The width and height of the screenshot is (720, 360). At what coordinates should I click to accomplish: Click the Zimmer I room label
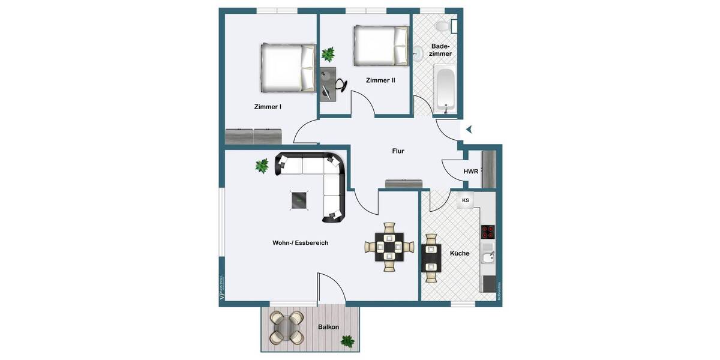268,107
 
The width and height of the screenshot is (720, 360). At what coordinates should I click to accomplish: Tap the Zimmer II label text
380,80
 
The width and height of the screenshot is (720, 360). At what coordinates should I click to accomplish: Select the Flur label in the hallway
398,151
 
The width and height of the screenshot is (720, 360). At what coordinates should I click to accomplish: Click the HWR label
471,172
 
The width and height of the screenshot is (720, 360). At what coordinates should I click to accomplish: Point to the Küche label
460,253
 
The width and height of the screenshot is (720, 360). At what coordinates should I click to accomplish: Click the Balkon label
328,327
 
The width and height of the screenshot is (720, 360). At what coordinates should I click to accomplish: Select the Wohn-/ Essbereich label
300,243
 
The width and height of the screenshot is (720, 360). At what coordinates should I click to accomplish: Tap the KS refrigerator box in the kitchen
466,200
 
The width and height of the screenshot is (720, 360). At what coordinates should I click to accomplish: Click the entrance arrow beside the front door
469,129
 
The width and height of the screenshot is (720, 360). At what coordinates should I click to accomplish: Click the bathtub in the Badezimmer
445,90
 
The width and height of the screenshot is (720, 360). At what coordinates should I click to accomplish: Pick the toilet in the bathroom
443,27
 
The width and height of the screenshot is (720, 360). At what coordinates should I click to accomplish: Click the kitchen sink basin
488,258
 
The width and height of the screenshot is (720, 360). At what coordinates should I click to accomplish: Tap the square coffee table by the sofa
300,200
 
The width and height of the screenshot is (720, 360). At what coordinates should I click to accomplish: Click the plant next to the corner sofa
262,166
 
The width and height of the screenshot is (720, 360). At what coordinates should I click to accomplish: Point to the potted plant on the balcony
347,341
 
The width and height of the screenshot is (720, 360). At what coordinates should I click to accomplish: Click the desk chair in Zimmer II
340,85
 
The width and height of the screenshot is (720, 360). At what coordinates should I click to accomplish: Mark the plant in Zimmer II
328,55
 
